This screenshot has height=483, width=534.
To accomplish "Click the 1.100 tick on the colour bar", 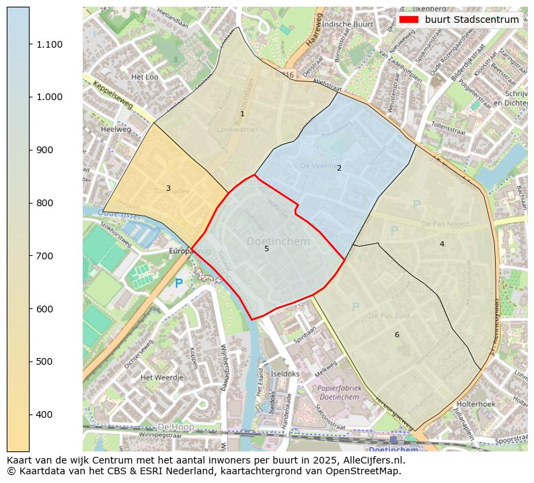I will tap(30, 44).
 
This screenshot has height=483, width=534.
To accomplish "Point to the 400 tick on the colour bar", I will tap(30, 414).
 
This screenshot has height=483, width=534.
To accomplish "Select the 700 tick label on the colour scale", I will tap(49, 256).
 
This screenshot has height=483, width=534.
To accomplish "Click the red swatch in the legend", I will tap(408, 19).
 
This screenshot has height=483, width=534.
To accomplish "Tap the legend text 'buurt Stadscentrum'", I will tap(471, 19).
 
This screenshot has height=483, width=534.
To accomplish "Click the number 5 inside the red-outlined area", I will tap(266, 249).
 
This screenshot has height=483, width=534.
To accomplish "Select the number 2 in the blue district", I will tap(339, 168).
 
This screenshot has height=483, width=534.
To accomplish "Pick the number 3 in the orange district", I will tap(168, 189).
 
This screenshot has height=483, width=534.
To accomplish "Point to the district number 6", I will tap(397, 335).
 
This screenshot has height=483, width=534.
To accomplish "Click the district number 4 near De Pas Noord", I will tap(442, 244).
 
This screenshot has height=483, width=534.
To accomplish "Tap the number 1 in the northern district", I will tap(243, 114).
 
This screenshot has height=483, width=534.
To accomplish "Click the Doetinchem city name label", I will tap(278, 241).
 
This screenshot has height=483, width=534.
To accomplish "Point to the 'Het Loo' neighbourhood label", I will tap(145, 77).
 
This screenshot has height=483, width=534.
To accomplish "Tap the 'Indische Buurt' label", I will tap(347, 24).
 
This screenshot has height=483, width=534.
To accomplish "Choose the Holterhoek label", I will tap(475, 404).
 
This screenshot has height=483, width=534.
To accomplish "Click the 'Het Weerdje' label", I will tap(161, 378).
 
